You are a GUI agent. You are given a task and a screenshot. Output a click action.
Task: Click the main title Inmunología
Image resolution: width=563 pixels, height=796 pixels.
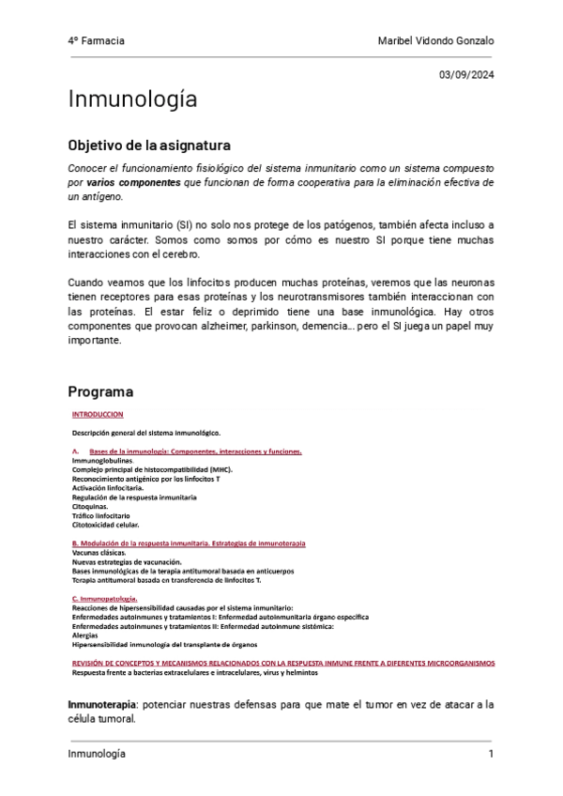pyautogui.click(x=132, y=99)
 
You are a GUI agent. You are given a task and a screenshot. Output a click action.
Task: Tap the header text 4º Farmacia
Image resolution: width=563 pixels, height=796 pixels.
pyautogui.click(x=96, y=41)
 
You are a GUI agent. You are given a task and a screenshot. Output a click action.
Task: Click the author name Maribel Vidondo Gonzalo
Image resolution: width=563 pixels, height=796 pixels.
pyautogui.click(x=435, y=41)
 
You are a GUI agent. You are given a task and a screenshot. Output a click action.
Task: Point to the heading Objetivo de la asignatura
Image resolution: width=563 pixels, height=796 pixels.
pyautogui.click(x=149, y=146)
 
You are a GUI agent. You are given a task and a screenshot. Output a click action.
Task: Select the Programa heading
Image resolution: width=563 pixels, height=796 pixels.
pyautogui.click(x=100, y=390)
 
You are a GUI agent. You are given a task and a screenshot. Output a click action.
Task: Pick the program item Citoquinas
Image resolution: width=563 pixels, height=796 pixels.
pyautogui.click(x=90, y=507)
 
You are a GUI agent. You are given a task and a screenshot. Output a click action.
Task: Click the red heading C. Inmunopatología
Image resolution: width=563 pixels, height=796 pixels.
pyautogui.click(x=105, y=598)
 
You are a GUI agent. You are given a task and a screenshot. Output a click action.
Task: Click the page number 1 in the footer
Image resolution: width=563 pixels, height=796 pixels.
pyautogui.click(x=491, y=755)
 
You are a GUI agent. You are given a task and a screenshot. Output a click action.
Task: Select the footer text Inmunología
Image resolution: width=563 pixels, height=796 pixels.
pyautogui.click(x=97, y=755)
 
